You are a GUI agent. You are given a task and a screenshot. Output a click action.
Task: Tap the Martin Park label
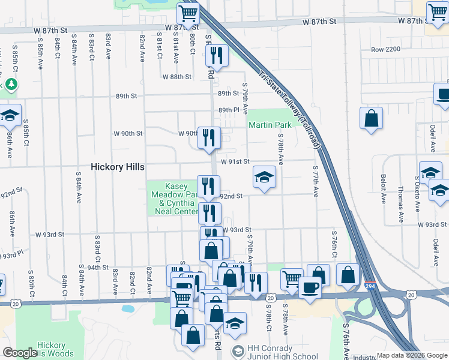click(270, 125)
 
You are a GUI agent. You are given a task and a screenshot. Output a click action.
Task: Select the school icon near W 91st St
click(264, 177)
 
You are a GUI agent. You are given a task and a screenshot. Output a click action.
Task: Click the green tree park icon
click(10, 85)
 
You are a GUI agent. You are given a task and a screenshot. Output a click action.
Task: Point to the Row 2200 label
click(385, 50)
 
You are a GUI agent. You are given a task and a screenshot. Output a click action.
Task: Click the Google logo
click(20, 353)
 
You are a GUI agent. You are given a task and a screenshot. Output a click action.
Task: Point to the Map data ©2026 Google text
click(411, 355)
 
